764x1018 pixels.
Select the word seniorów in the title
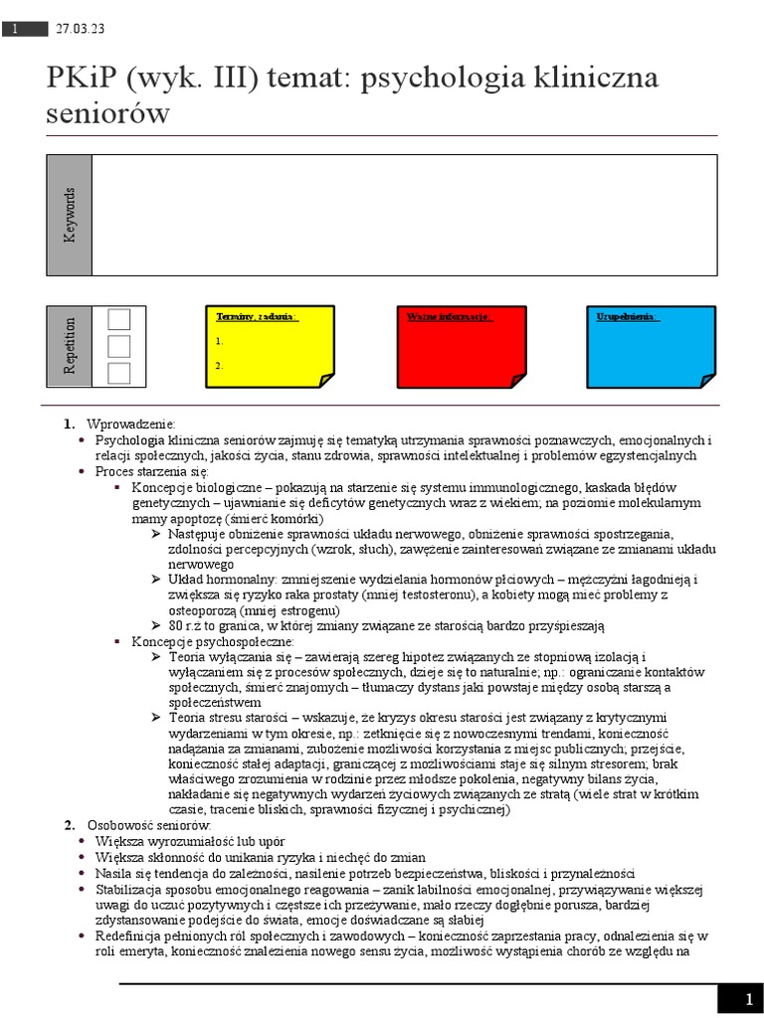[x=107, y=113]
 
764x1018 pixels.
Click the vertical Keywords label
[x=70, y=215]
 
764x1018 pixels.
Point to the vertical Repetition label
[x=70, y=345]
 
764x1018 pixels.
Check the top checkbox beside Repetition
[x=119, y=319]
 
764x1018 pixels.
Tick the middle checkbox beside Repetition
[x=119, y=346]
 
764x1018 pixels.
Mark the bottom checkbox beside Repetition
[x=119, y=373]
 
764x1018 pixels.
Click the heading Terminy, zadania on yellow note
[x=257, y=316]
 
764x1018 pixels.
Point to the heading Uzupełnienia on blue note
[x=628, y=316]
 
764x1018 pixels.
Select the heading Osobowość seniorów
[x=148, y=825]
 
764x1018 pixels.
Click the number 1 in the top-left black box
[x=17, y=30]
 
